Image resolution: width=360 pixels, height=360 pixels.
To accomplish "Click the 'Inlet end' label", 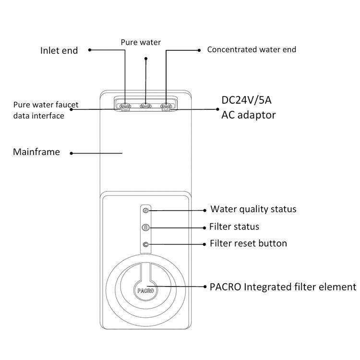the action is click(x=59, y=50).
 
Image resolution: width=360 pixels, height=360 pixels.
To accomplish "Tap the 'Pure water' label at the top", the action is click(x=141, y=42).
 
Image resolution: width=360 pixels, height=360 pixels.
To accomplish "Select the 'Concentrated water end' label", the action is click(x=252, y=49).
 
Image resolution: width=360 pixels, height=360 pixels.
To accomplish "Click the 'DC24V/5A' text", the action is click(x=246, y=100).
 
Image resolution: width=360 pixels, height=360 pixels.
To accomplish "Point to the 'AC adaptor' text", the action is click(x=249, y=115).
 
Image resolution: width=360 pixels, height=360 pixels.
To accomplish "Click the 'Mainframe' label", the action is click(x=36, y=152).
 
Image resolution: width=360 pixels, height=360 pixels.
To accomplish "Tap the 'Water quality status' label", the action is click(x=253, y=209).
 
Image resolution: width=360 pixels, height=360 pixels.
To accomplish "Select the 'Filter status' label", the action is click(x=234, y=227).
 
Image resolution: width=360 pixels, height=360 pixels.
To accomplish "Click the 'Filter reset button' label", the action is click(x=248, y=243).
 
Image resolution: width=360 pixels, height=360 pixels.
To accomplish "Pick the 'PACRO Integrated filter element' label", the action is click(x=283, y=287).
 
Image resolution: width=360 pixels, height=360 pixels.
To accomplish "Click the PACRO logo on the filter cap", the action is click(x=145, y=291).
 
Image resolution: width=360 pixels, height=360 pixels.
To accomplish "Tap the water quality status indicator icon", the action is click(x=146, y=210).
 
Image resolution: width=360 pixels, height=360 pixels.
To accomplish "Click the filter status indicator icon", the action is click(x=146, y=228).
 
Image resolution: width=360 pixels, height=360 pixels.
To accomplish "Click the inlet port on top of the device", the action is click(x=125, y=106).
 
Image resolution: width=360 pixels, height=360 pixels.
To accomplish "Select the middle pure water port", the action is click(x=145, y=106).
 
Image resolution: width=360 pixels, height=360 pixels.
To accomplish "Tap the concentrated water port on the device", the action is click(x=166, y=106).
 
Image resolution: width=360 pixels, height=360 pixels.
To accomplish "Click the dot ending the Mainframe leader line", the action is click(x=72, y=153).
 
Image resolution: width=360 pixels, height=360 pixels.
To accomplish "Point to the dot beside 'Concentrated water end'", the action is click(x=199, y=50).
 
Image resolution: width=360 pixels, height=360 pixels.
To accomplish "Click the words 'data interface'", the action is click(x=39, y=116).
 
